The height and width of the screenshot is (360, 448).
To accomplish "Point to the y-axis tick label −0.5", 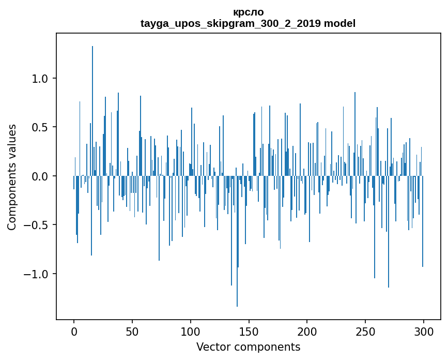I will click(36, 225).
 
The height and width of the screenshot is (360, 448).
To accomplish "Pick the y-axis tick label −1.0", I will click(36, 274).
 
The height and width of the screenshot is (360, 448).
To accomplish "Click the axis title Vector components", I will click(248, 347).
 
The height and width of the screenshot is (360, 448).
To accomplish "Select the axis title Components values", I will click(12, 177).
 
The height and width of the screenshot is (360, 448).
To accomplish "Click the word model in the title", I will click(339, 23).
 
